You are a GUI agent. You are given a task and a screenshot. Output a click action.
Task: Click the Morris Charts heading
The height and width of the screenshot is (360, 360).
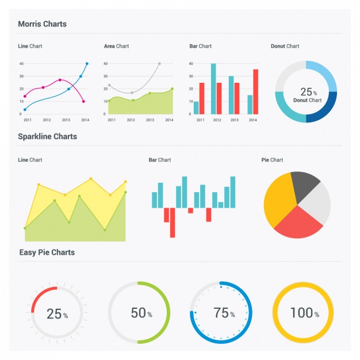[x=42, y=24]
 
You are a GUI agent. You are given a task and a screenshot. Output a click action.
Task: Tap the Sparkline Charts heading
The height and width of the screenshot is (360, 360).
[x=47, y=137]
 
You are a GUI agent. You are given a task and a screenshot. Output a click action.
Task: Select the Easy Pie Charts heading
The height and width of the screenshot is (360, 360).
[x=47, y=252]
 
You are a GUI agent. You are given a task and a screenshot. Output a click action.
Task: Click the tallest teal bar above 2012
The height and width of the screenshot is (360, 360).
[x=213, y=89]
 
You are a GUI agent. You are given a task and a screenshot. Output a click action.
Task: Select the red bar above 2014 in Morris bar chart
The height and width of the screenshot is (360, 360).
[x=255, y=91]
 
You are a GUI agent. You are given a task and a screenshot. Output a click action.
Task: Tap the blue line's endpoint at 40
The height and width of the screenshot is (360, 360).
[x=87, y=64]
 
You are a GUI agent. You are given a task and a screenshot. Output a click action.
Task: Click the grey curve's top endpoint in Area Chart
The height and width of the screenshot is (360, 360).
[x=159, y=63]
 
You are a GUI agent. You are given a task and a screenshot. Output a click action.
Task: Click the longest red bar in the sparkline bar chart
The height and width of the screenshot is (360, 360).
[x=172, y=223]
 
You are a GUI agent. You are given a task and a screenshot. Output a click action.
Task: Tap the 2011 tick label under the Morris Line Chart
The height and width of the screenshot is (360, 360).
[x=27, y=120]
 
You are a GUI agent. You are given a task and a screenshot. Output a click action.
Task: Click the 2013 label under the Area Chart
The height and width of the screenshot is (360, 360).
[x=150, y=120]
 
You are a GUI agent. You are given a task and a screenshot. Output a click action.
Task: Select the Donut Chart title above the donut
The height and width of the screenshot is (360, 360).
[x=285, y=46]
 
